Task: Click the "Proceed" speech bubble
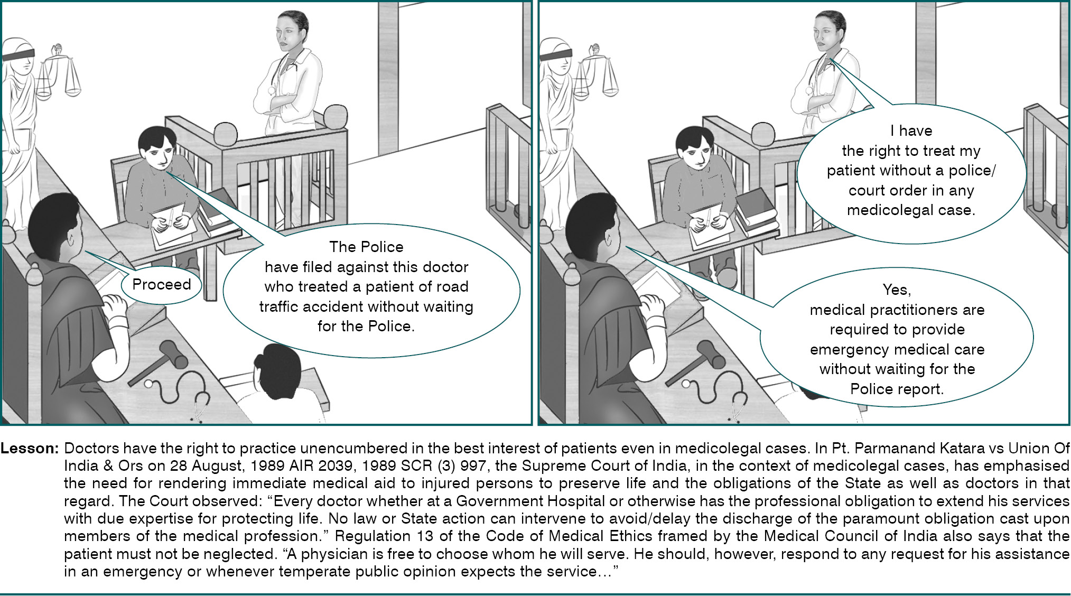(162, 285)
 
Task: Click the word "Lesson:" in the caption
(30, 449)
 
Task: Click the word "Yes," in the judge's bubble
(897, 290)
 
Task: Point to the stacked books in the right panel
(757, 211)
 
